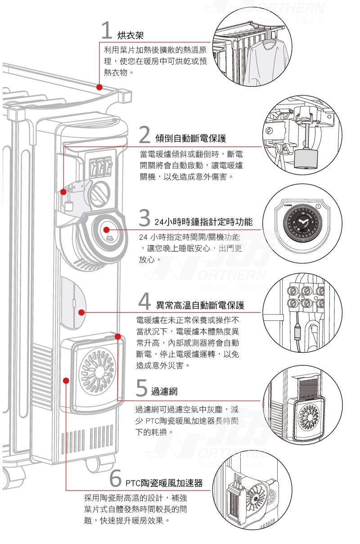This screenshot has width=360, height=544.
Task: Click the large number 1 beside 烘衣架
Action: tap(106, 31)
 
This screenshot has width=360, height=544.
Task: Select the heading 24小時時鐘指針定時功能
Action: tap(203, 222)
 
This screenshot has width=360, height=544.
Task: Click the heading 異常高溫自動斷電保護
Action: tap(200, 306)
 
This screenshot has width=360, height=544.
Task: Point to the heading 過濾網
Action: tap(164, 391)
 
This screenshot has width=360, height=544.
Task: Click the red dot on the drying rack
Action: tap(99, 87)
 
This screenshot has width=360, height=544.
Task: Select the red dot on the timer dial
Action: tap(107, 230)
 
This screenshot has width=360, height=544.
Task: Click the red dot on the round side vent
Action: tap(81, 312)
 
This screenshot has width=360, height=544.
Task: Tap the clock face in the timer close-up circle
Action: tap(302, 224)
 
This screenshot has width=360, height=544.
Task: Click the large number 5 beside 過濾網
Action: tap(141, 387)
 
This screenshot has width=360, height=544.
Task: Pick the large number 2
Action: tap(144, 134)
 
